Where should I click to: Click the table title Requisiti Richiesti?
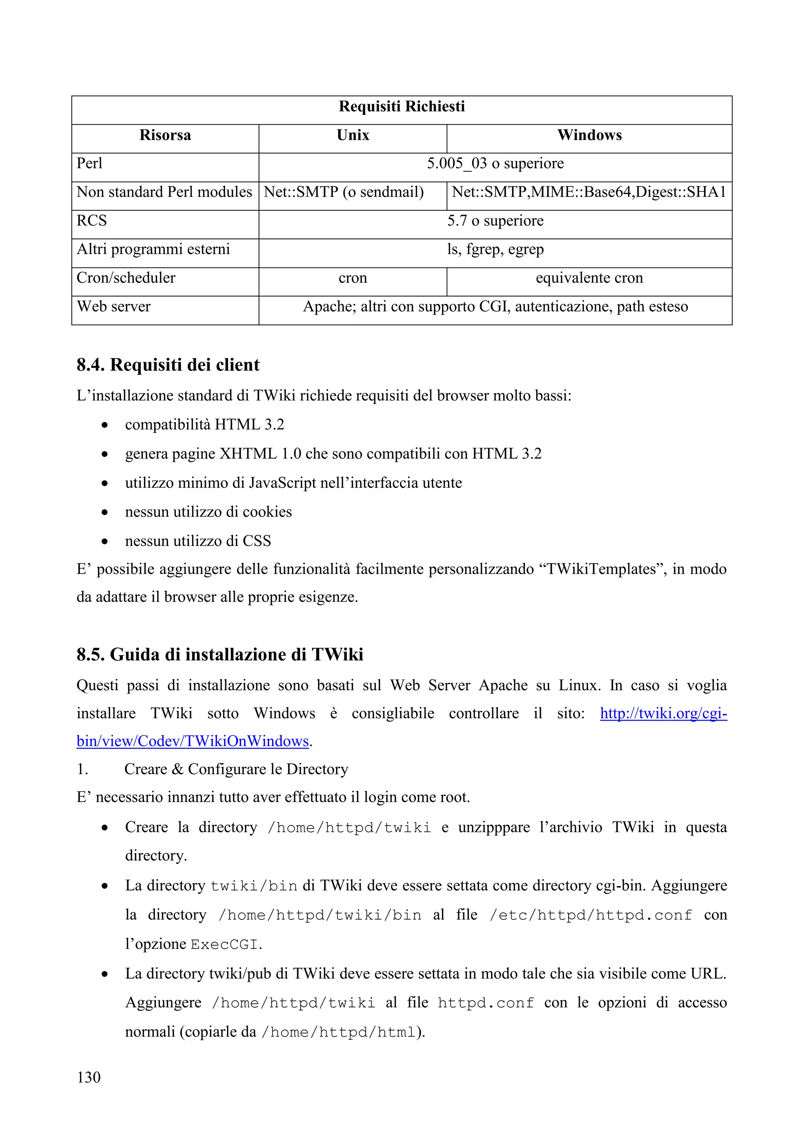pyautogui.click(x=402, y=106)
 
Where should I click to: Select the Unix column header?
pyautogui.click(x=353, y=135)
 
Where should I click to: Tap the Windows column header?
pyautogui.click(x=589, y=135)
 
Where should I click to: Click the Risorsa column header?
pyautogui.click(x=165, y=135)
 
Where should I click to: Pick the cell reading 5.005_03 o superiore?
pyautogui.click(x=495, y=163)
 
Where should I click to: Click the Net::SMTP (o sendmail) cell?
pyautogui.click(x=344, y=192)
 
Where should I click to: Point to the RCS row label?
pyautogui.click(x=91, y=221)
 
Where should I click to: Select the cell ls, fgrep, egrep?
pyautogui.click(x=495, y=249)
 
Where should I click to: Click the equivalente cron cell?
pyautogui.click(x=589, y=278)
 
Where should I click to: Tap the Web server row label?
pyautogui.click(x=113, y=307)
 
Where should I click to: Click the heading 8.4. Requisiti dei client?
pyautogui.click(x=168, y=365)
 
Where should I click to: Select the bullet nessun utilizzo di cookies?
pyautogui.click(x=208, y=512)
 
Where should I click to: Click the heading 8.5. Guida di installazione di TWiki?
pyautogui.click(x=220, y=655)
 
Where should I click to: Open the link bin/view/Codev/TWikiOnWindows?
pyautogui.click(x=193, y=741)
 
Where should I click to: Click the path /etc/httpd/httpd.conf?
pyautogui.click(x=590, y=915)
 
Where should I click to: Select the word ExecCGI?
pyautogui.click(x=224, y=945)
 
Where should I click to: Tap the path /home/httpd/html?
pyautogui.click(x=338, y=1032)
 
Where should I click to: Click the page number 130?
pyautogui.click(x=89, y=1077)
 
